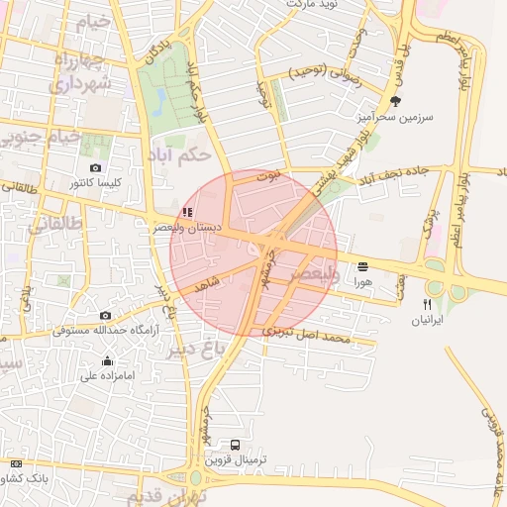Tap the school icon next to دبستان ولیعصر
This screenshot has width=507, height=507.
coord(187,212)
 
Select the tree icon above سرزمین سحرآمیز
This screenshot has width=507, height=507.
coord(396,101)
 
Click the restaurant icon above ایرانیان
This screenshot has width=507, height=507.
coord(428,305)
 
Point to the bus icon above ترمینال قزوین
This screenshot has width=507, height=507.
coord(236,445)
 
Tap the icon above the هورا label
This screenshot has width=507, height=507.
coord(362,266)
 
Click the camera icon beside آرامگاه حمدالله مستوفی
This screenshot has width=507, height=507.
coord(105,316)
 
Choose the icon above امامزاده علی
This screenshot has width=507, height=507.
coord(107,360)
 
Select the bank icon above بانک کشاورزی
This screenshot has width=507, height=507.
coord(16,463)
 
